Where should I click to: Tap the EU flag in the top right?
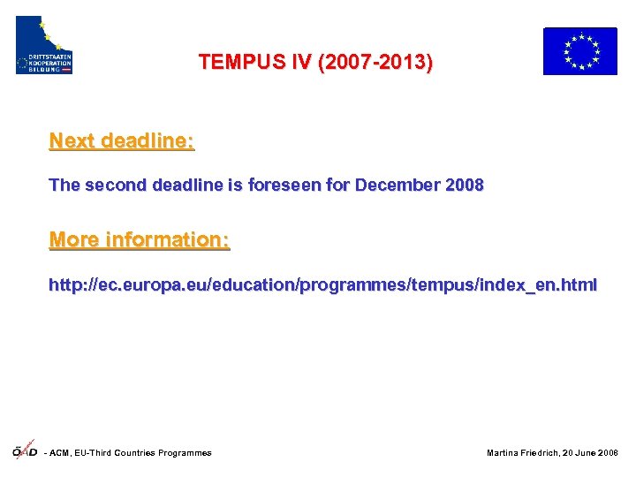[579, 50]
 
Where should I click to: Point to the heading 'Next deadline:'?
[122, 140]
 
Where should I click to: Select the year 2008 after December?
[465, 185]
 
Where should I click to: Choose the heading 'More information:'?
[140, 239]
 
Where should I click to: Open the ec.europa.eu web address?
[322, 285]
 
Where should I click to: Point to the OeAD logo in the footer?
[24, 450]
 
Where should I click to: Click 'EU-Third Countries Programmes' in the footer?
[146, 453]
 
